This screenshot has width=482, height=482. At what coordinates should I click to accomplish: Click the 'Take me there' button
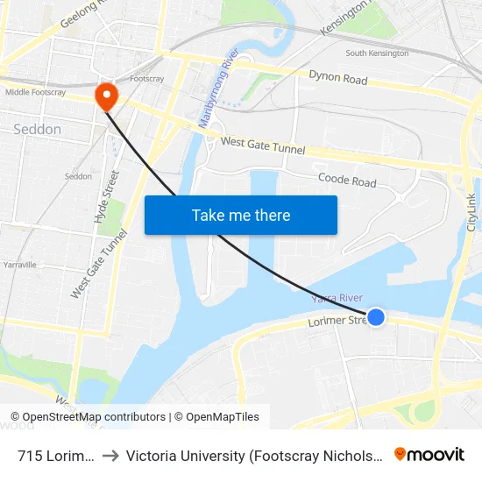pos(241,215)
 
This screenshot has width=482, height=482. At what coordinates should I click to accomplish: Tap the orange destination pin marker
pos(106,96)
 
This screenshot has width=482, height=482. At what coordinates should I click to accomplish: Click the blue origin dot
pos(375,316)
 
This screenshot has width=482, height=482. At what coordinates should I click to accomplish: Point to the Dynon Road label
pos(337,77)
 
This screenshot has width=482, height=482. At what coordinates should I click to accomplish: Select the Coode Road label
pos(347,181)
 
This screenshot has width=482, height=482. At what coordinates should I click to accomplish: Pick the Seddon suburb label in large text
pos(38,130)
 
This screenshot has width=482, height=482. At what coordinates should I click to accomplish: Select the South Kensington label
pos(377,53)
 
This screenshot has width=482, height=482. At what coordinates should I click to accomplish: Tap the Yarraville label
pos(19,263)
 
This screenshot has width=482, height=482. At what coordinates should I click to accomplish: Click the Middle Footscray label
pos(35,92)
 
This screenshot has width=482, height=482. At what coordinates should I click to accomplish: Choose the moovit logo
pos(429,454)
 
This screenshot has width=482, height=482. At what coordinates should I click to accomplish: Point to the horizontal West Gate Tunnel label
pos(263,145)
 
